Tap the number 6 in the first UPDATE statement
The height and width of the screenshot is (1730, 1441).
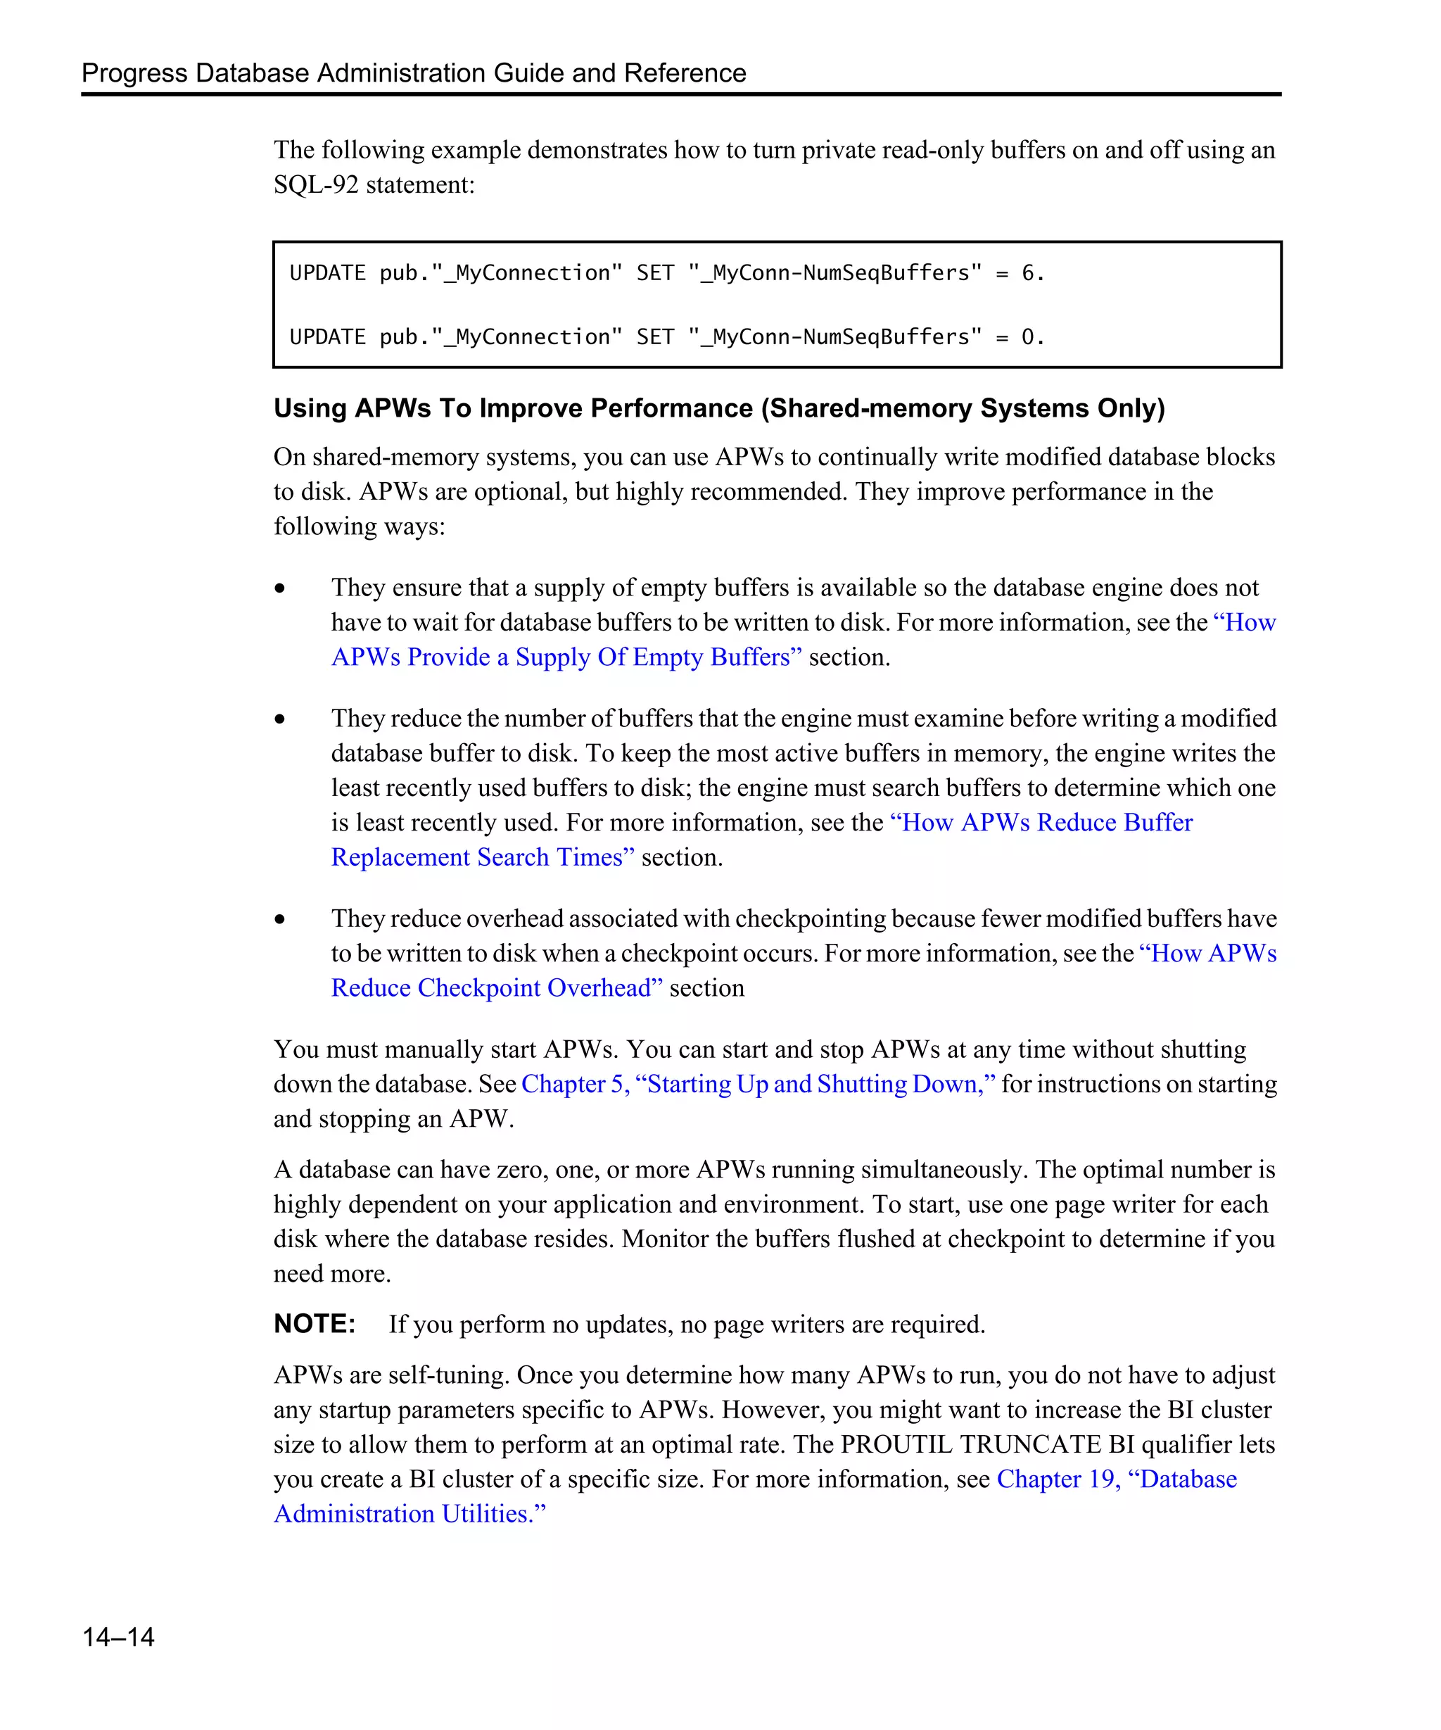(x=1028, y=272)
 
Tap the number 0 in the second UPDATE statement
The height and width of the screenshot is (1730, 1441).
(x=1028, y=337)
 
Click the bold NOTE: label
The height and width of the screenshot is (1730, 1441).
(x=314, y=1323)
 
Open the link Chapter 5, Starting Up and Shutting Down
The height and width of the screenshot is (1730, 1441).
(x=758, y=1083)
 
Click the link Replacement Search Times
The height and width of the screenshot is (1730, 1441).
(x=483, y=857)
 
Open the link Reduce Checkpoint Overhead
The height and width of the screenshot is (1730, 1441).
(x=497, y=987)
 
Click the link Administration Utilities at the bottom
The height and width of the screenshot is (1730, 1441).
(x=410, y=1513)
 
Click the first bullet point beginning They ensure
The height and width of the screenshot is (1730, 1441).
(x=280, y=588)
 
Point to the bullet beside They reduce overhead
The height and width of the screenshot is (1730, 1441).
(x=280, y=919)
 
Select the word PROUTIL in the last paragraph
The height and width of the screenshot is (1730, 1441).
(x=896, y=1444)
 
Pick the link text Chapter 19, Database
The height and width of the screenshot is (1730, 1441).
(x=1116, y=1479)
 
